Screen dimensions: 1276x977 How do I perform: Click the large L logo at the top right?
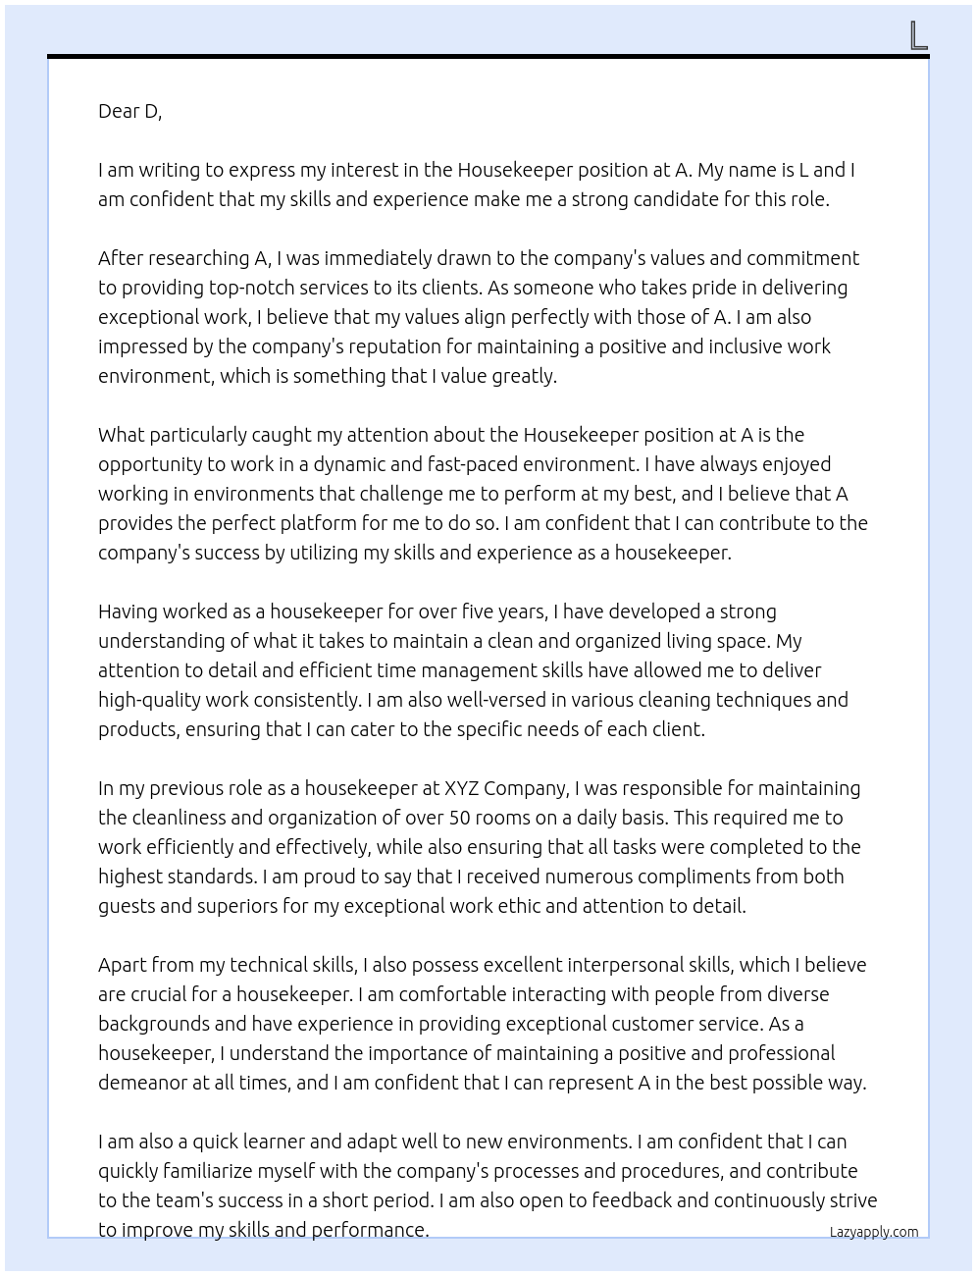(x=918, y=35)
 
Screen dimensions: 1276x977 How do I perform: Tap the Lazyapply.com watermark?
(x=874, y=1232)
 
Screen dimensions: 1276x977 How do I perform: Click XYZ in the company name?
(x=461, y=788)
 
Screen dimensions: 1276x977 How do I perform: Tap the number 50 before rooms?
(x=460, y=818)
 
